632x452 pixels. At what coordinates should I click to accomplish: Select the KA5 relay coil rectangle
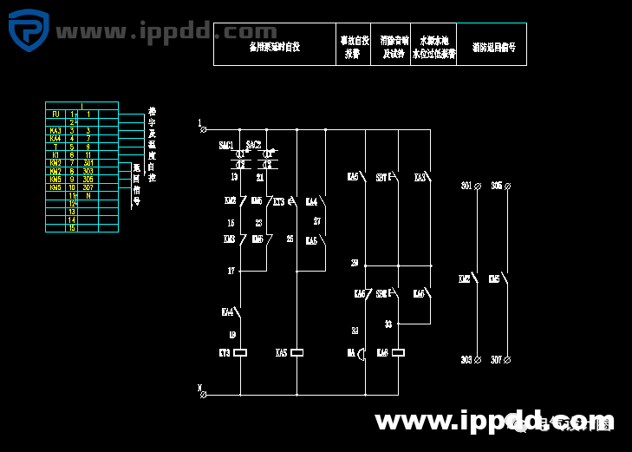pyautogui.click(x=297, y=353)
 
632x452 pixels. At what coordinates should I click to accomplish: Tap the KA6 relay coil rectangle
pyautogui.click(x=399, y=353)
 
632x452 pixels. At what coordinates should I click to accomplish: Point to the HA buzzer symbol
pyautogui.click(x=364, y=353)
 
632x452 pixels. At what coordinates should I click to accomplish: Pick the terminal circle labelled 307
pyautogui.click(x=508, y=359)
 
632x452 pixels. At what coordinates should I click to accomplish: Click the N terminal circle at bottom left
pyautogui.click(x=203, y=395)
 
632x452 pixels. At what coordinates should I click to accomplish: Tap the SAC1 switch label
pyautogui.click(x=226, y=145)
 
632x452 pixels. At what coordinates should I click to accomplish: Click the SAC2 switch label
pyautogui.click(x=253, y=145)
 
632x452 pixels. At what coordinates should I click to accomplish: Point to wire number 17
pyautogui.click(x=231, y=272)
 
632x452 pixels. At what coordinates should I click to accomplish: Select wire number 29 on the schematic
pyautogui.click(x=354, y=263)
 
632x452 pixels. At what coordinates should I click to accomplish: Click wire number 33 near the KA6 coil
pyautogui.click(x=388, y=324)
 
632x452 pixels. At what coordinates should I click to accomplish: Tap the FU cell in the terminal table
pyautogui.click(x=55, y=115)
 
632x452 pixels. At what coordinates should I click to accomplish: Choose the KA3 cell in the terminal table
pyautogui.click(x=55, y=130)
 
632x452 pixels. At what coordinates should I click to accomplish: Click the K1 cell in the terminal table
pyautogui.click(x=55, y=154)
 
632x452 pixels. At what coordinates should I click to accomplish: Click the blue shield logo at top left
pyautogui.click(x=28, y=32)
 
